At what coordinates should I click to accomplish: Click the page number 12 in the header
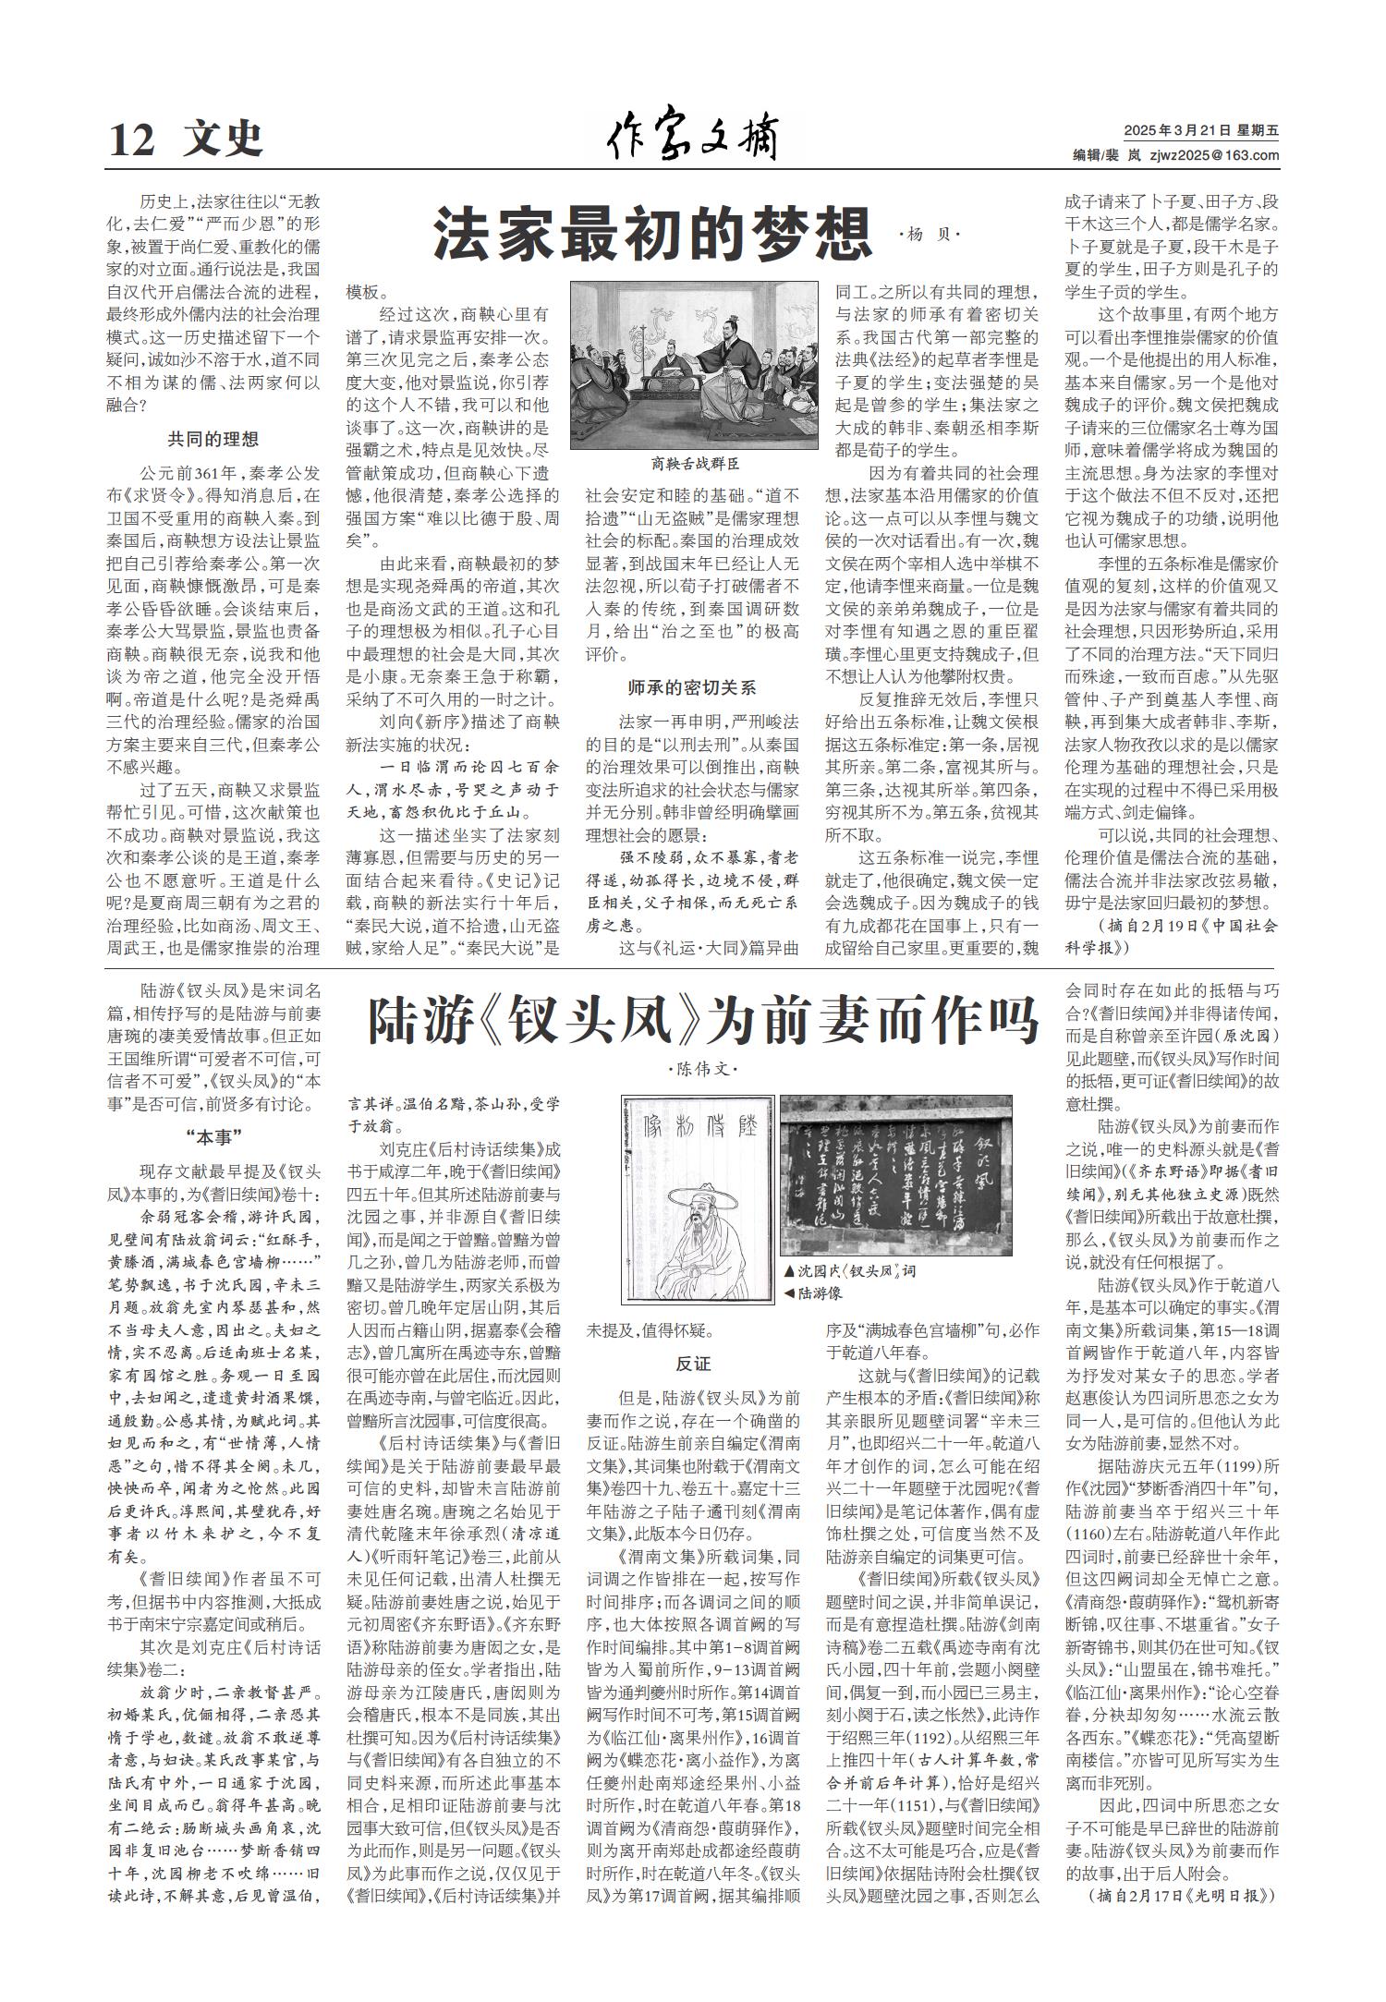(x=130, y=140)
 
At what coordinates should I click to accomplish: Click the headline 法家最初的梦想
(x=653, y=236)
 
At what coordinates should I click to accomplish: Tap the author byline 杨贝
(x=930, y=236)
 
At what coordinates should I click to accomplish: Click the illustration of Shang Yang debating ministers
(x=694, y=365)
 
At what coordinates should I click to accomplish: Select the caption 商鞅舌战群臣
(x=695, y=464)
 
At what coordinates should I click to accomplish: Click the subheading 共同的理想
(x=213, y=439)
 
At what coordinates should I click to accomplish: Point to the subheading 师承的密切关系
(x=692, y=687)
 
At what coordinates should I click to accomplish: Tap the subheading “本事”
(x=213, y=1135)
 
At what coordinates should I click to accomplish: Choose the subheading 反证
(x=693, y=1364)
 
